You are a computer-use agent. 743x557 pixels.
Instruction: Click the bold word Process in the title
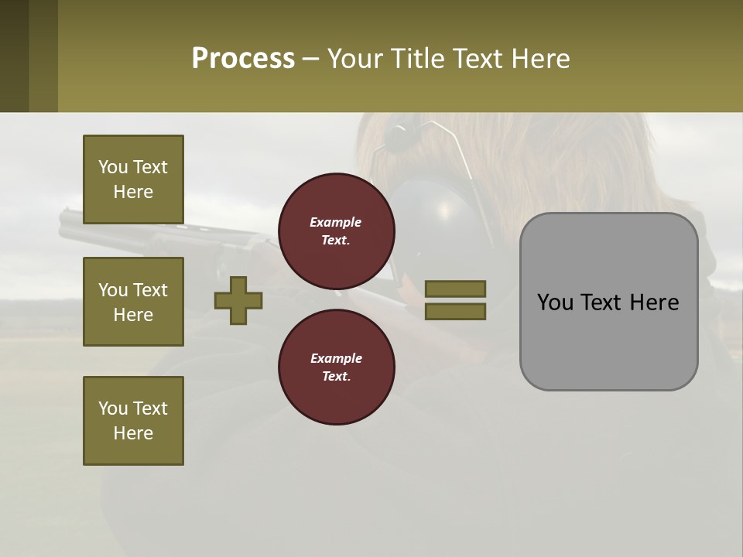click(243, 58)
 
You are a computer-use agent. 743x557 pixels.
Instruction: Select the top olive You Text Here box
click(133, 179)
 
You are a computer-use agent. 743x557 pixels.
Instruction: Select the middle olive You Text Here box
click(133, 302)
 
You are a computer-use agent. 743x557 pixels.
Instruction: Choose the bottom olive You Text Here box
click(133, 420)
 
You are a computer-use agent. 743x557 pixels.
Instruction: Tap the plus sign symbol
click(238, 300)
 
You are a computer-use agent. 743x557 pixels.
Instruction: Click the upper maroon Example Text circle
click(336, 231)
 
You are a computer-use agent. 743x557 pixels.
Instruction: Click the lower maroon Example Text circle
click(336, 367)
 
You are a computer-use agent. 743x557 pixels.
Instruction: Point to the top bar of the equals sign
click(455, 289)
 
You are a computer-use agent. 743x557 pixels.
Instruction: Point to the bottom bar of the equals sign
click(455, 312)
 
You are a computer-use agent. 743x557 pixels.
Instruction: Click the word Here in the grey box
click(654, 302)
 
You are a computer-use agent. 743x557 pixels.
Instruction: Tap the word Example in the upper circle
click(335, 222)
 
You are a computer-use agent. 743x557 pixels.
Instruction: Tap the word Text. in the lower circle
click(336, 377)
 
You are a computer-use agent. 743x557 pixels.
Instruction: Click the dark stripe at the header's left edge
click(14, 56)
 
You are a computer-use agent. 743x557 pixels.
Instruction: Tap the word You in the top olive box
click(111, 167)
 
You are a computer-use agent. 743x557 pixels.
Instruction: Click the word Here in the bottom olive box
click(133, 433)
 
